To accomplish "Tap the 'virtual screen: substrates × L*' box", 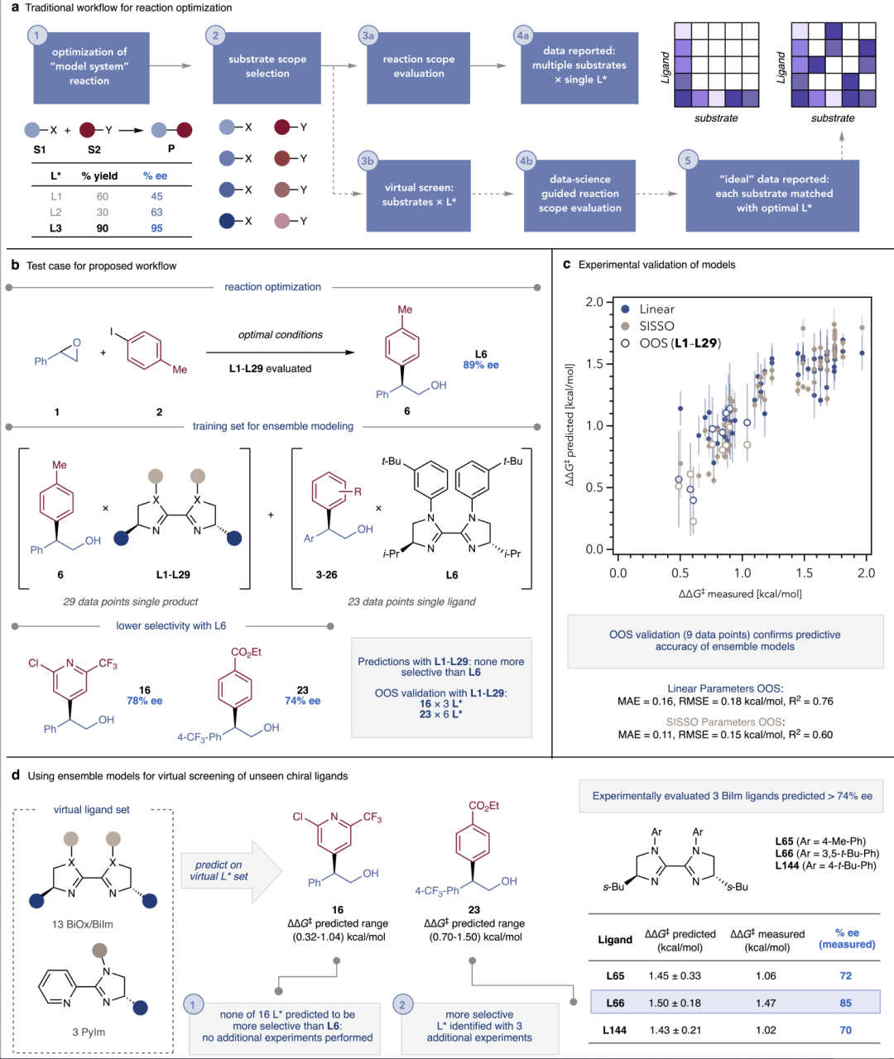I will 419,194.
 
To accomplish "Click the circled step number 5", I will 687,161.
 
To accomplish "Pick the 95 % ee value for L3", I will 156,228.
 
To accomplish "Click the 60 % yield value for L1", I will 102,197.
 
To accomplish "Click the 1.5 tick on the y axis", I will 594,364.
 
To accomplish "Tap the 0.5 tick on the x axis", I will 680,573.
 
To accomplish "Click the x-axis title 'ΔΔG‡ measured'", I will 740,593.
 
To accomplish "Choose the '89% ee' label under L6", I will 480,365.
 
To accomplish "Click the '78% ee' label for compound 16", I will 144,701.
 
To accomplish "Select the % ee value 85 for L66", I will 845,1003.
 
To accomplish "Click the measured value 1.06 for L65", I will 766,975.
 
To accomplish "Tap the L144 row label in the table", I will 614,1030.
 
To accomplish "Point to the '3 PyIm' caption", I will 89,1032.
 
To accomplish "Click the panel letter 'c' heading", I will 567,265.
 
